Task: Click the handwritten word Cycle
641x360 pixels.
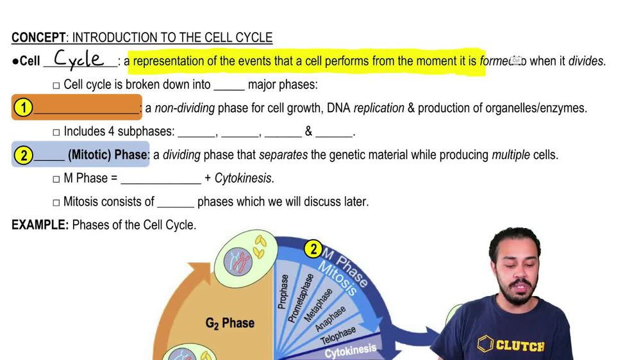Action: pyautogui.click(x=79, y=59)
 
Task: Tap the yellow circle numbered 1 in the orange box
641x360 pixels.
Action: pyautogui.click(x=23, y=108)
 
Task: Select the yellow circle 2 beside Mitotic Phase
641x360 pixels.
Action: pyautogui.click(x=23, y=155)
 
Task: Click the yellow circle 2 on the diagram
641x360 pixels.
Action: pyautogui.click(x=313, y=249)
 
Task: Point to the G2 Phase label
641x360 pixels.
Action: pyautogui.click(x=229, y=323)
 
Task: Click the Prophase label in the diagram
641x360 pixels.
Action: pyautogui.click(x=283, y=291)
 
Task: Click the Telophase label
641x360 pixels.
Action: pyautogui.click(x=338, y=335)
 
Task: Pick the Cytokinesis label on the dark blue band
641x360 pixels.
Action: pyautogui.click(x=350, y=351)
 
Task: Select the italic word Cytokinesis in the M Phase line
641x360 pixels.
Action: pyautogui.click(x=243, y=179)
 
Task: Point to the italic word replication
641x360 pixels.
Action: pyautogui.click(x=379, y=108)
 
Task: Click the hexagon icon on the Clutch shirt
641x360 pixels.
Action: pyautogui.click(x=485, y=345)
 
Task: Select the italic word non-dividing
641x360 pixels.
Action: pyautogui.click(x=185, y=108)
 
